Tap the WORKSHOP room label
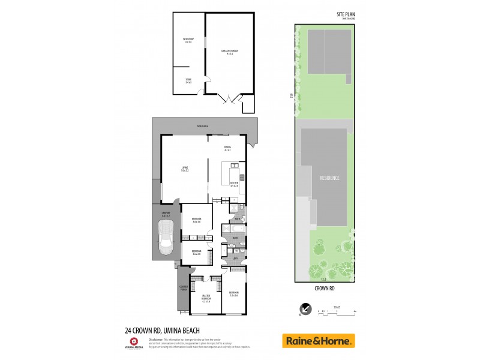click(x=188, y=40)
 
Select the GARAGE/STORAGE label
click(x=229, y=52)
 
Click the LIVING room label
click(x=185, y=169)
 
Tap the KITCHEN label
click(x=234, y=185)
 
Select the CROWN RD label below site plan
click(x=325, y=288)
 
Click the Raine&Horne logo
click(x=319, y=340)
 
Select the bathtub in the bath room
click(x=232, y=230)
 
